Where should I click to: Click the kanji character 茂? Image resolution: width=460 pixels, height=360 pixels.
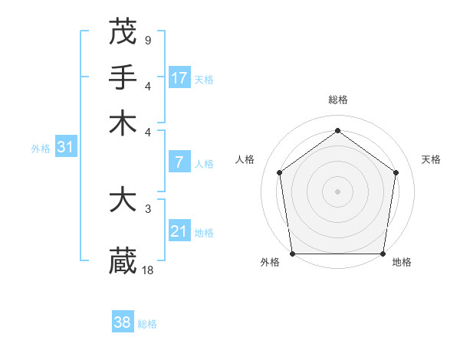(123, 31)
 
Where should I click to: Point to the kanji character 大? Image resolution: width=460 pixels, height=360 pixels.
(123, 201)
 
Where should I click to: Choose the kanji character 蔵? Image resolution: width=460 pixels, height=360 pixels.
(123, 260)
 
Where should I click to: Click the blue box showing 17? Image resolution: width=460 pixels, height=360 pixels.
(179, 77)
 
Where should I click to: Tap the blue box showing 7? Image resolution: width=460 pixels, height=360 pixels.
(179, 162)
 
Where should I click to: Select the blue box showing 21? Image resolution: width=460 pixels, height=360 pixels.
(179, 231)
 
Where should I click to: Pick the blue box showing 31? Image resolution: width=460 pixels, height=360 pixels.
(65, 147)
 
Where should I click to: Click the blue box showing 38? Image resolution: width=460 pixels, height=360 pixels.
(123, 322)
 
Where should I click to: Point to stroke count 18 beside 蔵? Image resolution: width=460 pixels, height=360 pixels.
(149, 270)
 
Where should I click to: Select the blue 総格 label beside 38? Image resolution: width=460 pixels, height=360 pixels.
(147, 324)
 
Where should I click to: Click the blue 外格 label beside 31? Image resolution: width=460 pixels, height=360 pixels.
(40, 149)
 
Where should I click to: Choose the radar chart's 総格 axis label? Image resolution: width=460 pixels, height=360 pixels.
(337, 100)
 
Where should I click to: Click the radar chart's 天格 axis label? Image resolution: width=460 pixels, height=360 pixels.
(431, 159)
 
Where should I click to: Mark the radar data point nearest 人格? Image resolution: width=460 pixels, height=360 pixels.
(279, 172)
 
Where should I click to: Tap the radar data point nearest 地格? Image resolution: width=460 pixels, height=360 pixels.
(383, 254)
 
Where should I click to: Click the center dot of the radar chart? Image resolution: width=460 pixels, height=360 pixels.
(337, 191)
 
